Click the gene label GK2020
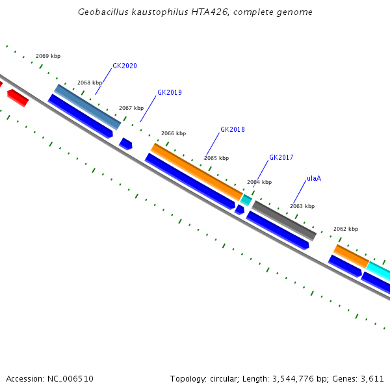coord(125,66)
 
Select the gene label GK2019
coord(170,93)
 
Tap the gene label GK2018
coord(233,130)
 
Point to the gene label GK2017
coord(281,158)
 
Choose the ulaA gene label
coord(314,178)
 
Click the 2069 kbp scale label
coord(48,57)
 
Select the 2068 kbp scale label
coord(90,83)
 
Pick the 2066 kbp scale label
coord(174,133)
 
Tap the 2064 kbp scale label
coord(259,183)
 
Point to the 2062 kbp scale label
coord(346,229)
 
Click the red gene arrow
coord(18,98)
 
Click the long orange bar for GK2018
coord(197,172)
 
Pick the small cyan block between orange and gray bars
coord(246,200)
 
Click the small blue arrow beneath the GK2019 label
coord(125,144)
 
